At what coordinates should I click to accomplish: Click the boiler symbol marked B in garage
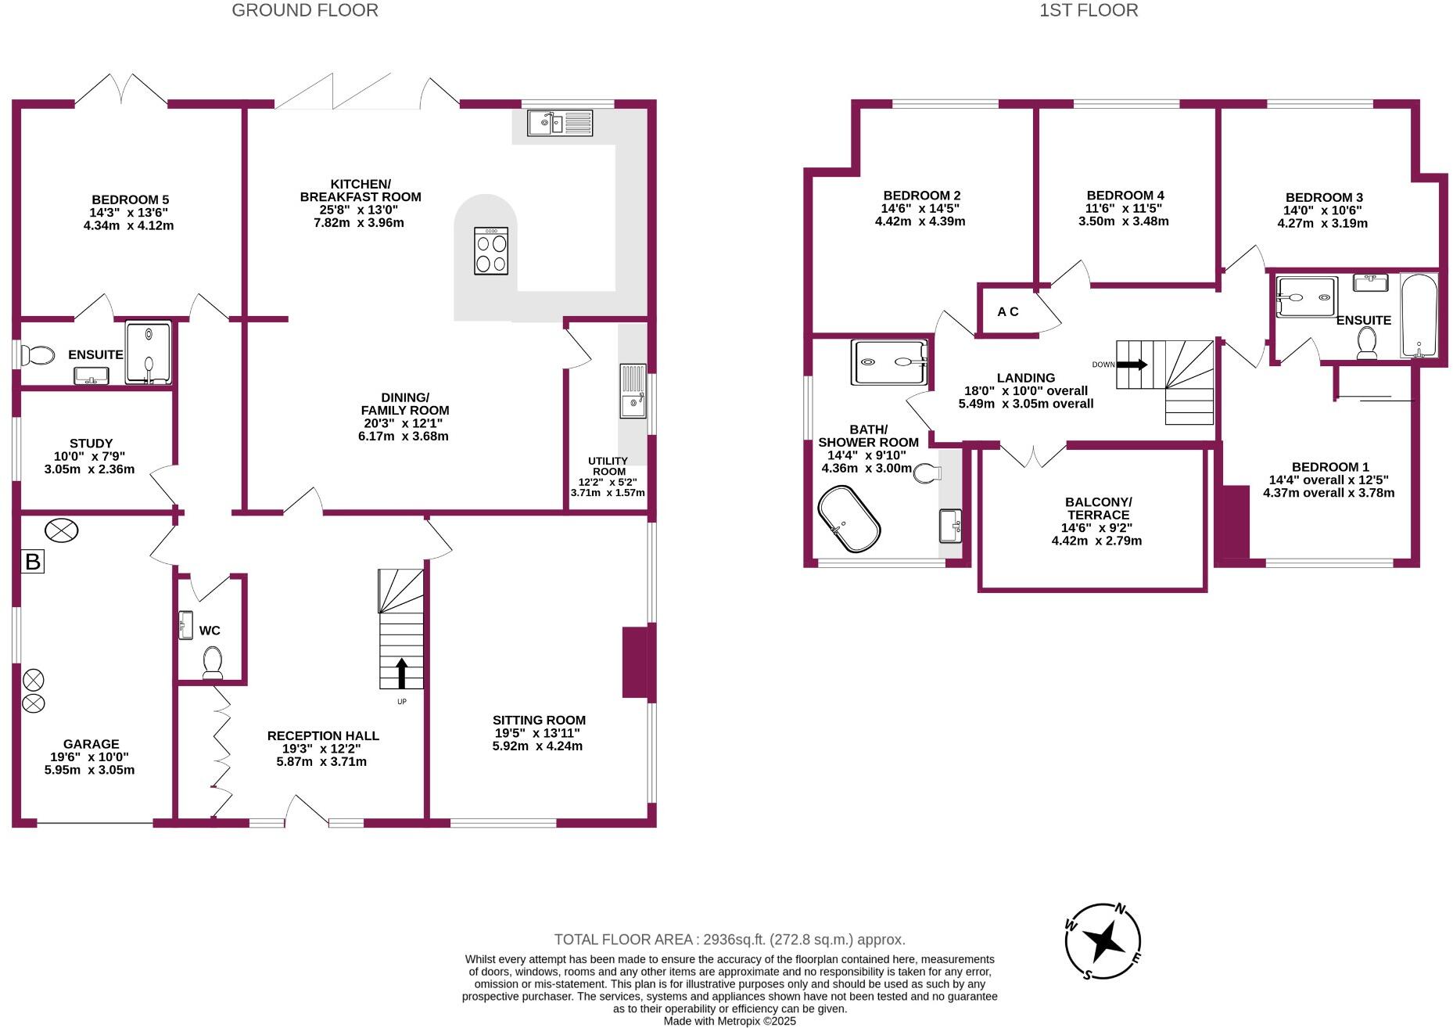[x=32, y=561]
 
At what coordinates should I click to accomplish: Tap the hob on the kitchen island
[x=491, y=250]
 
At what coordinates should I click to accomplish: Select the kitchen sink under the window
[x=559, y=123]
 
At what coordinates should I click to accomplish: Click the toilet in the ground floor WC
[x=212, y=662]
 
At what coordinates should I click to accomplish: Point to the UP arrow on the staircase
[x=402, y=672]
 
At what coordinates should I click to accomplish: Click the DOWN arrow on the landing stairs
[x=1132, y=365]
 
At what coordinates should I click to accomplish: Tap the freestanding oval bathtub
[x=849, y=519]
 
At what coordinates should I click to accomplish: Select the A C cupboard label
[x=1008, y=311]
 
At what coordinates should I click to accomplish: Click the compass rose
[x=1103, y=941]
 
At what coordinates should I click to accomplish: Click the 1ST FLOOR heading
[x=1088, y=10]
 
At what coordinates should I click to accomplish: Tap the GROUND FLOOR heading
[x=305, y=10]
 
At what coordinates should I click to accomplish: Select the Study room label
[x=91, y=444]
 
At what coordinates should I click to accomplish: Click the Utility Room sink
[x=633, y=391]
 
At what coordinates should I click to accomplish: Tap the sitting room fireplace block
[x=635, y=662]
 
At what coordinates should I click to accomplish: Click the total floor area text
[x=729, y=940]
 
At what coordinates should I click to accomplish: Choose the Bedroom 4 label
[x=1125, y=196]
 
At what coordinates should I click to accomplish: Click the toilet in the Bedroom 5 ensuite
[x=38, y=355]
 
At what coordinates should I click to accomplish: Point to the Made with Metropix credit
[x=729, y=1021]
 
